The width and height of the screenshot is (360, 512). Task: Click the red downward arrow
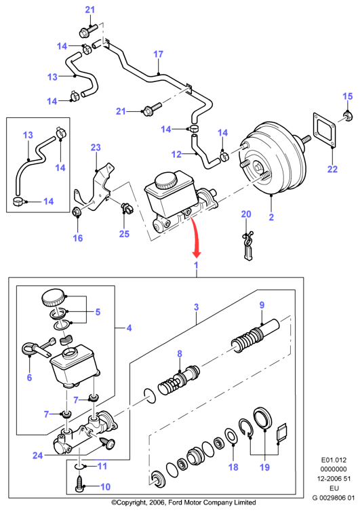[x=195, y=237]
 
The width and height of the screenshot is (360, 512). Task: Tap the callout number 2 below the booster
[x=271, y=217]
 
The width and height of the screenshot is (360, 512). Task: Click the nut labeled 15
[x=348, y=115]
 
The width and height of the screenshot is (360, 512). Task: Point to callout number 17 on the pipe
[x=158, y=54]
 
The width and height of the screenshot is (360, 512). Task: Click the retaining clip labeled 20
[x=247, y=245]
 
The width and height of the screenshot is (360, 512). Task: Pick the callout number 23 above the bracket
[x=96, y=148]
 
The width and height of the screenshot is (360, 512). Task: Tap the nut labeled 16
[x=77, y=212]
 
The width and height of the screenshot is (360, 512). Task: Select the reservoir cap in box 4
[x=54, y=297]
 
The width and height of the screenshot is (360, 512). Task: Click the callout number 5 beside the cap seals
[x=98, y=312]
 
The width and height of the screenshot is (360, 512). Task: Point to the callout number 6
[x=29, y=378]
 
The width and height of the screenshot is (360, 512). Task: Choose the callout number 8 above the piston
[x=180, y=353]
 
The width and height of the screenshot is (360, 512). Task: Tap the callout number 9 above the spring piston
[x=262, y=305]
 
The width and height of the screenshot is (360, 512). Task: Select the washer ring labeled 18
[x=231, y=436]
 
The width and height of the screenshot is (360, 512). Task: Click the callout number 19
[x=264, y=467]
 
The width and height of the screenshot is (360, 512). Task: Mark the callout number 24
[x=37, y=455]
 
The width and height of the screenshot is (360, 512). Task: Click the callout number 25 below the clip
[x=124, y=234]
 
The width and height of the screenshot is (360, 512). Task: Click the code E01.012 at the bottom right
[x=334, y=460]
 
